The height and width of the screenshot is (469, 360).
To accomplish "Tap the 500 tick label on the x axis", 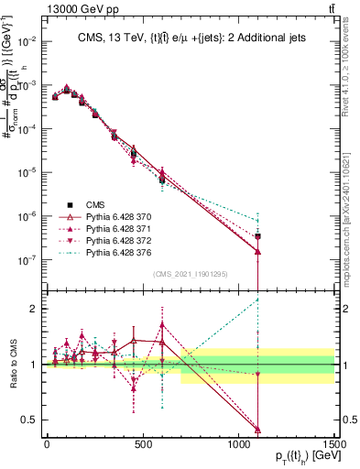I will (143, 444).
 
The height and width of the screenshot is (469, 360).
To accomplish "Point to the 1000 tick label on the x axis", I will (239, 444).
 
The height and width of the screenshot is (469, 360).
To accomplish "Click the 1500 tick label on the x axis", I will (334, 444).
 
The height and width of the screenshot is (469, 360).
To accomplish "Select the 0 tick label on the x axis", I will (47, 444).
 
